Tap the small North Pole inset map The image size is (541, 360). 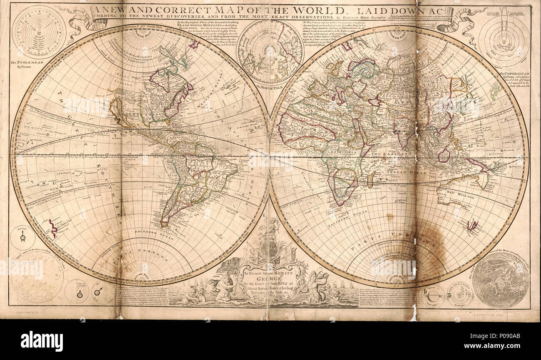click(270, 52)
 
